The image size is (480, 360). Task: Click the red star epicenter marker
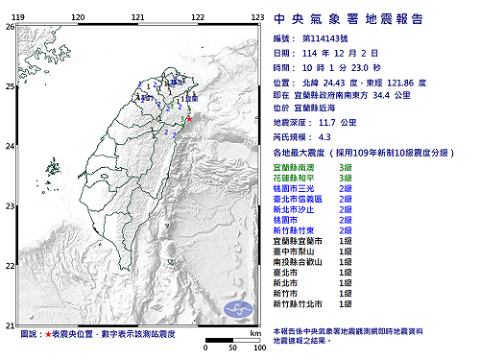[x=189, y=119]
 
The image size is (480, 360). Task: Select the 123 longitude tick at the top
[x=257, y=17]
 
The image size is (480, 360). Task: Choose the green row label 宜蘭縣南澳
[x=293, y=167]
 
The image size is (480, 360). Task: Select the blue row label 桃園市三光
[x=293, y=188]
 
